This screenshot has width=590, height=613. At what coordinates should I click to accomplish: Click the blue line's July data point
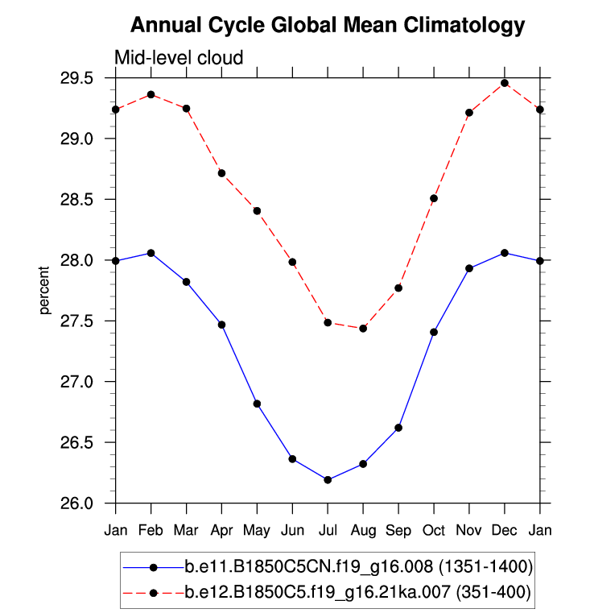click(x=328, y=480)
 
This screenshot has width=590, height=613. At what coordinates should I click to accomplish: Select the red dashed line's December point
click(x=505, y=83)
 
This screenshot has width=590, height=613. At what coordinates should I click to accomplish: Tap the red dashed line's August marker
click(x=363, y=329)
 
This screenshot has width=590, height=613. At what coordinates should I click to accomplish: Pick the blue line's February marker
click(x=151, y=253)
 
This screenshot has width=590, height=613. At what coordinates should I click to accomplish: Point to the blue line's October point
click(x=434, y=332)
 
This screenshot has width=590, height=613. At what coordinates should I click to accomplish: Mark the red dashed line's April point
click(x=221, y=173)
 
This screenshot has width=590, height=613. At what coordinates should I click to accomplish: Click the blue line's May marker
click(x=257, y=404)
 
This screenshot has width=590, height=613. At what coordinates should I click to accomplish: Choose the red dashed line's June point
click(x=292, y=262)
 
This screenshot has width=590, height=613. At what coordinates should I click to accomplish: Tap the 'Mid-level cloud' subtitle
click(x=178, y=57)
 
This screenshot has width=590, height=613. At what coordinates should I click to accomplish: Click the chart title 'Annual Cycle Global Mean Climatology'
click(x=327, y=25)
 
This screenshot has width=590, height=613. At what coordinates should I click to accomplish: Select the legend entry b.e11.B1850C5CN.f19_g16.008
click(x=358, y=567)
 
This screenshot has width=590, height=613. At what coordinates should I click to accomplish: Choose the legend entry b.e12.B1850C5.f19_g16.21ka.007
click(x=358, y=593)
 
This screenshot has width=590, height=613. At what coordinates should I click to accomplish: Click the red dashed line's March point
click(x=186, y=109)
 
